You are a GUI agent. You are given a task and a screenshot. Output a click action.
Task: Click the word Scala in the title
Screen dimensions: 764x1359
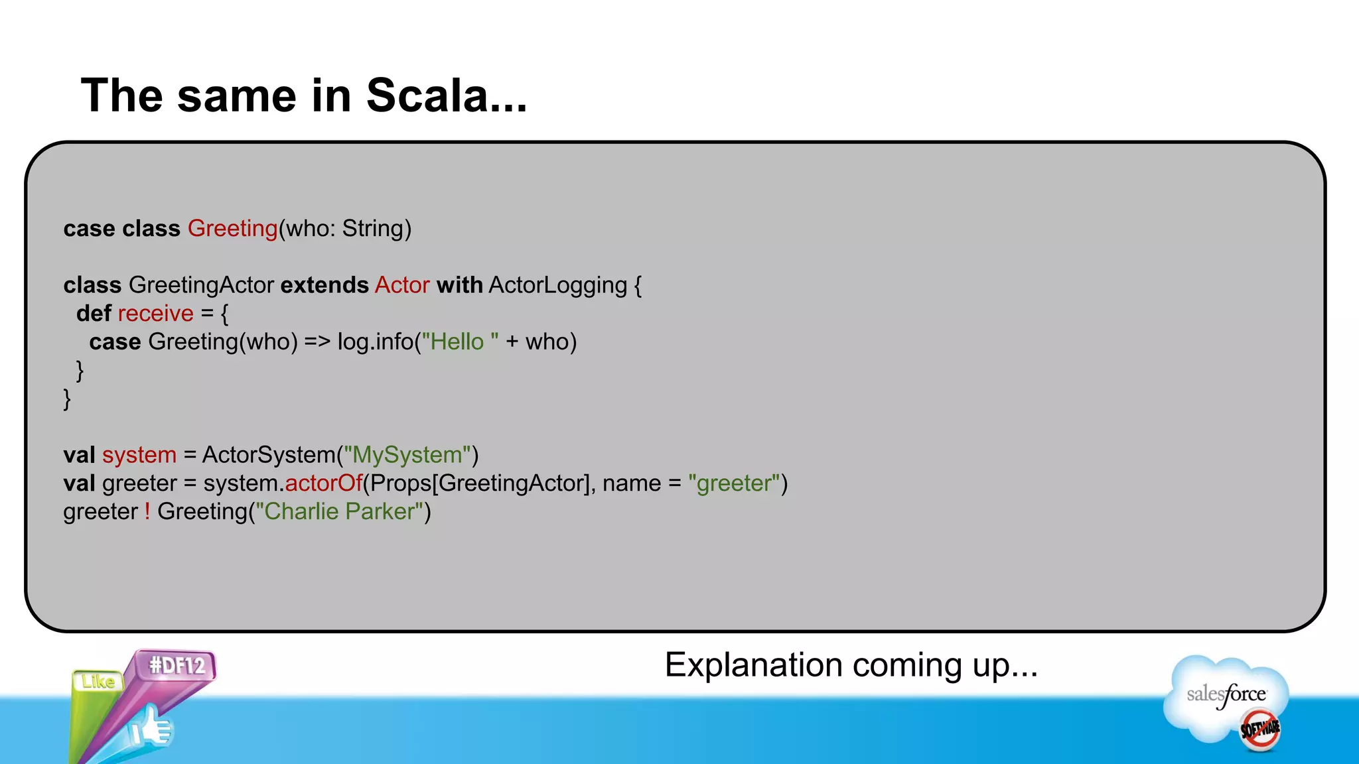tap(427, 95)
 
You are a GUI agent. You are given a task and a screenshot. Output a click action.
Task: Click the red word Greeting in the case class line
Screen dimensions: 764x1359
tap(232, 228)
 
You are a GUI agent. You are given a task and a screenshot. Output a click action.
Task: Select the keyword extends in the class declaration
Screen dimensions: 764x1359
tap(324, 285)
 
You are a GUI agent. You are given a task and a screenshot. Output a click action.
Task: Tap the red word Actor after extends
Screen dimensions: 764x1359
tap(402, 285)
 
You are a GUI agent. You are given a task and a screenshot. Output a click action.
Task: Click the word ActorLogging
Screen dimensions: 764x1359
tap(557, 285)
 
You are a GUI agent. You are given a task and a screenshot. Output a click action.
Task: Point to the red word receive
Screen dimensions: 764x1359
tap(155, 314)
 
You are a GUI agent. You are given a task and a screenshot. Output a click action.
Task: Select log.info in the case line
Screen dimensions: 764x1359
tap(376, 342)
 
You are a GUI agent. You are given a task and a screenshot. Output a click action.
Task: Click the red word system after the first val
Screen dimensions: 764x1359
tap(139, 455)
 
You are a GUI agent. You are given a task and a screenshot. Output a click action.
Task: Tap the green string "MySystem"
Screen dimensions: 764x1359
tap(407, 455)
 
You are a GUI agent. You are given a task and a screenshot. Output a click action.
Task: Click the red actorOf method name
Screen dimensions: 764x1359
tap(323, 483)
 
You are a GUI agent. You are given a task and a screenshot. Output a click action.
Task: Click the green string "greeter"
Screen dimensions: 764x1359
tap(734, 483)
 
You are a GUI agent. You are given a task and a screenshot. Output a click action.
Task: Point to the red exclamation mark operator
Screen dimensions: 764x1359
tap(147, 511)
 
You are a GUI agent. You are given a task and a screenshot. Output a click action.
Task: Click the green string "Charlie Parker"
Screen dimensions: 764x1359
tap(339, 511)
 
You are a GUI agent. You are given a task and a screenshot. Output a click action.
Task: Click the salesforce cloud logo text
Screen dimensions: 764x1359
tap(1226, 694)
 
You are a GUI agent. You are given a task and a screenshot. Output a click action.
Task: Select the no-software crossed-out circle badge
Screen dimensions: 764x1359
tap(1260, 729)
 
